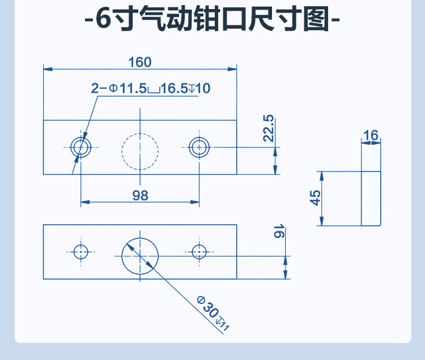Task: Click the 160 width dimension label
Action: coord(140,62)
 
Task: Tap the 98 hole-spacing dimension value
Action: coord(140,195)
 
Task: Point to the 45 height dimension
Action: coord(316,198)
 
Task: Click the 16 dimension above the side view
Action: coord(371,136)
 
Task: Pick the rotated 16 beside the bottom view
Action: coord(278,232)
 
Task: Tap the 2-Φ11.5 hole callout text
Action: coord(150,88)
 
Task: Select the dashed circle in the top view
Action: coord(140,150)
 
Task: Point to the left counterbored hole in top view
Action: coord(81,147)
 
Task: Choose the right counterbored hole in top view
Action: coord(199,147)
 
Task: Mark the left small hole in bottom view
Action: coord(81,251)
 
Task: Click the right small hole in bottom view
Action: coord(199,251)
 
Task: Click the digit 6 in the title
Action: coord(102,22)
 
